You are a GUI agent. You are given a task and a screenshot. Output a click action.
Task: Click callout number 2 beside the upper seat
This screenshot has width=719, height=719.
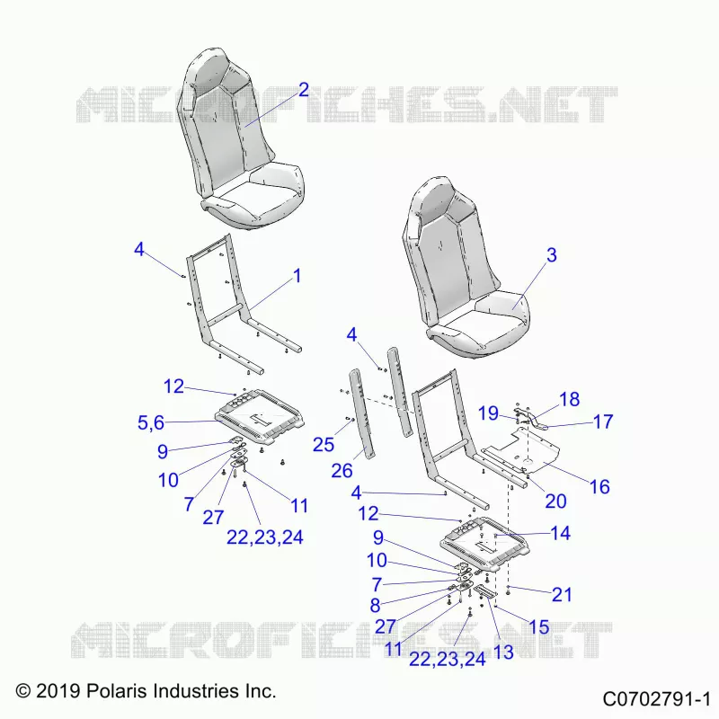click(x=304, y=90)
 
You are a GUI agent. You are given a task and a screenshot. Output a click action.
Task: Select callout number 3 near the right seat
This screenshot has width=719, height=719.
click(x=552, y=255)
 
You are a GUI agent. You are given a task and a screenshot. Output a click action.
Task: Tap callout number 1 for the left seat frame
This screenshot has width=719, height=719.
click(x=297, y=276)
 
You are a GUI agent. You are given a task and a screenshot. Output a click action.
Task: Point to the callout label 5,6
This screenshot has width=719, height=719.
click(x=151, y=422)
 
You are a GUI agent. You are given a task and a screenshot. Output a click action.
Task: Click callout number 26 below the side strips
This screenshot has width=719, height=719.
click(x=342, y=470)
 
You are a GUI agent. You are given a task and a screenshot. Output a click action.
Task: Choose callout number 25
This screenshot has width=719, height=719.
click(x=324, y=444)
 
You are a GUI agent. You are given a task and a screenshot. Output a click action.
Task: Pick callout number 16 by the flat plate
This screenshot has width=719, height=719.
click(x=599, y=487)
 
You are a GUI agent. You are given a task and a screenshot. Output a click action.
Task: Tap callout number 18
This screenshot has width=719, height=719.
click(x=570, y=399)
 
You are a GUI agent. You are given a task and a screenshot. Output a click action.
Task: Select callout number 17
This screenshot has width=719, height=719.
click(x=603, y=422)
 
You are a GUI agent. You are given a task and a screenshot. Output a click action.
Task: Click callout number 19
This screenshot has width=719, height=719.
click(x=488, y=413)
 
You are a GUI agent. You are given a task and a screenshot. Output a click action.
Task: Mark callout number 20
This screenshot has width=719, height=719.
click(x=555, y=502)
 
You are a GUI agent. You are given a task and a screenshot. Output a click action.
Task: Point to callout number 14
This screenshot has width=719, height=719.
click(x=560, y=533)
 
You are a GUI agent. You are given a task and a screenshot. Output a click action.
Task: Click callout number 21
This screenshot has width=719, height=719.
click(x=563, y=595)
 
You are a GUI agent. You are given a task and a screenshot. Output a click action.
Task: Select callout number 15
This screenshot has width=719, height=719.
click(x=539, y=626)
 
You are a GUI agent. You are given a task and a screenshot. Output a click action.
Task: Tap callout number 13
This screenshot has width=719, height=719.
click(x=503, y=652)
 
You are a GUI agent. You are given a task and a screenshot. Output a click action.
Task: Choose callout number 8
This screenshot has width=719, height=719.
click(x=375, y=606)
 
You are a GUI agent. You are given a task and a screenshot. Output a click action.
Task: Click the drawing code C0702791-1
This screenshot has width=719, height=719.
click(x=656, y=700)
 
